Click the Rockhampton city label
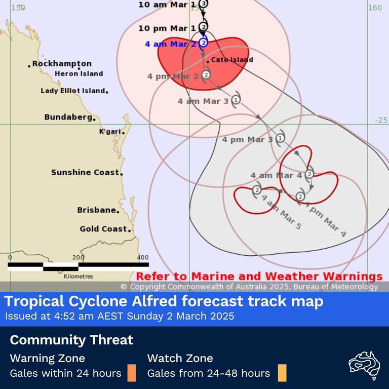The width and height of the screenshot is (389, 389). (x=62, y=64)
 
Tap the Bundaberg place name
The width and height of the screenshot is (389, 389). (x=68, y=117)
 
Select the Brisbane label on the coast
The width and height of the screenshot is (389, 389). (x=97, y=210)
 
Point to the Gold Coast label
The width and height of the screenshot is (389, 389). (x=104, y=229)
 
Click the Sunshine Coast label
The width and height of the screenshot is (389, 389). (x=86, y=172)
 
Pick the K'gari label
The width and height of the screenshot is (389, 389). (x=110, y=132)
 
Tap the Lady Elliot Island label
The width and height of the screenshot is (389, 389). (x=73, y=91)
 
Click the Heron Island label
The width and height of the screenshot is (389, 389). (x=79, y=74)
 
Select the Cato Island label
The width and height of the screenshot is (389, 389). (x=231, y=60)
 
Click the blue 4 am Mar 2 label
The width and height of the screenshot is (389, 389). (x=170, y=44)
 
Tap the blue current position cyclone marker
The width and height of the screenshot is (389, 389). (x=204, y=43)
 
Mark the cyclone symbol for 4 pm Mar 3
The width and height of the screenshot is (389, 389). (x=280, y=138)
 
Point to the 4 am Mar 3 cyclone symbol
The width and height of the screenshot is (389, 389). (x=236, y=100)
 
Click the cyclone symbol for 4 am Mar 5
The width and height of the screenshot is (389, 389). (x=257, y=190)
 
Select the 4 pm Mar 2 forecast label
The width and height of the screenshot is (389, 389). (x=173, y=76)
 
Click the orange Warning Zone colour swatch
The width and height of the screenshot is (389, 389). (x=132, y=373)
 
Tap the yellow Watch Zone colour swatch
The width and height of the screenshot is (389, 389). (x=282, y=373)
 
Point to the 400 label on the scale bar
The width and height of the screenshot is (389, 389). (x=143, y=257)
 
